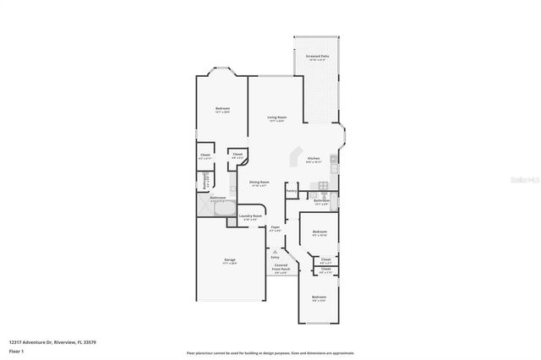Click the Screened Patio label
pos(318,57)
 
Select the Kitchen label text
pos(314,160)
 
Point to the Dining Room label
pos(259,183)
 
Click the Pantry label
pos(290,192)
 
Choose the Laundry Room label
pos(251,216)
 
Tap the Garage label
pos(230,261)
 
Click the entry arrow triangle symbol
pos(276,251)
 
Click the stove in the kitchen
pos(322,185)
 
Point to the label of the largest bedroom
pos(222,110)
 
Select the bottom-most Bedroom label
pos(319,297)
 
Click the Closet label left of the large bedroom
pos(205,156)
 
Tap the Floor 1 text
pos(16,351)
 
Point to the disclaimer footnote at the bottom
pos(270,352)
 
